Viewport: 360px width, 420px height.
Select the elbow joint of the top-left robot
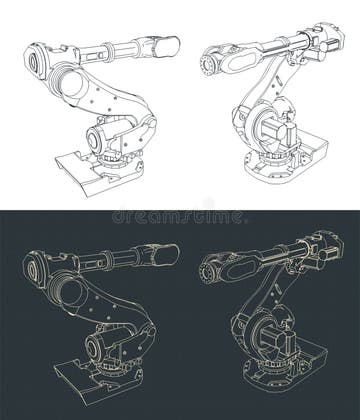[x=66, y=74]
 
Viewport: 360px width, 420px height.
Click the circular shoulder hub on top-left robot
[x=101, y=136]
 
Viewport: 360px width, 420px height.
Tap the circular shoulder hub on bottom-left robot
[x=101, y=346]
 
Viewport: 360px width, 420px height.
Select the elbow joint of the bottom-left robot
[x=66, y=284]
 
